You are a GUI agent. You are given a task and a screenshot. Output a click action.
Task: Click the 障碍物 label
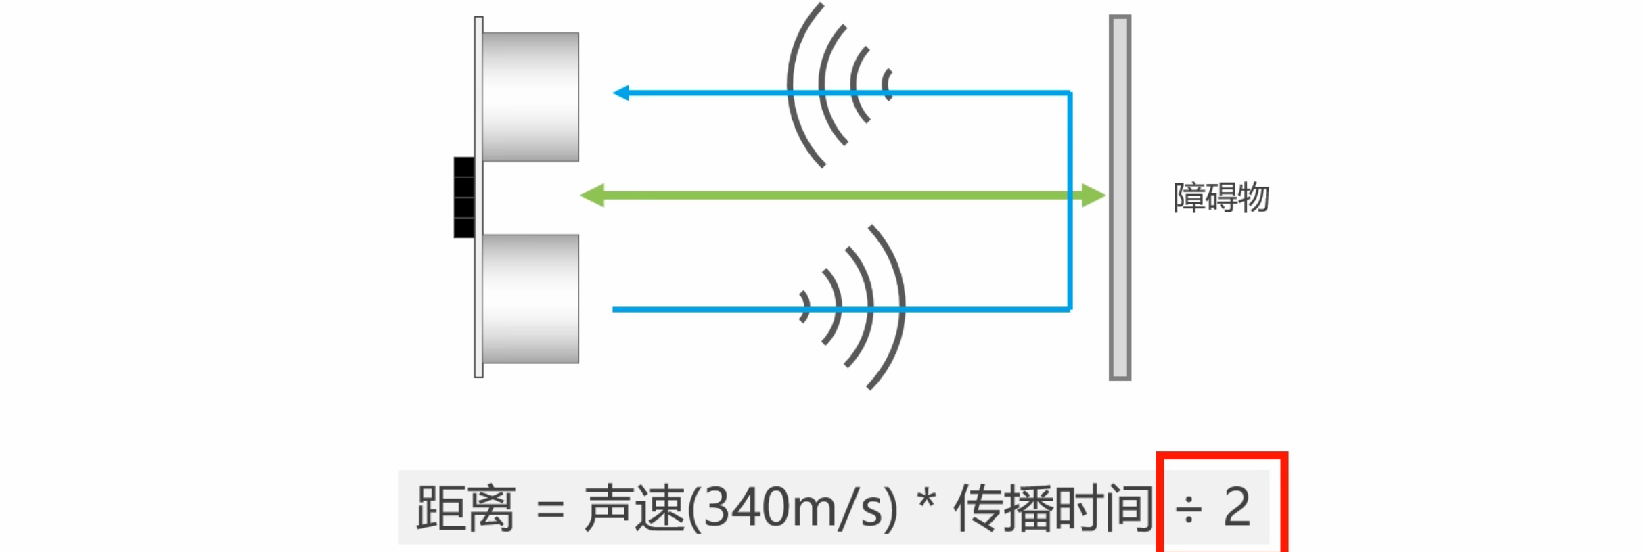pyautogui.click(x=1221, y=198)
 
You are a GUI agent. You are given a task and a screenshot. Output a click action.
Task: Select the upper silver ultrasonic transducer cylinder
pyautogui.click(x=530, y=97)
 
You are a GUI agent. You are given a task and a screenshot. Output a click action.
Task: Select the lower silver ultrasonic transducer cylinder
pyautogui.click(x=530, y=298)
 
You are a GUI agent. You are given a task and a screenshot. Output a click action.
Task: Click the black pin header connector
pyautogui.click(x=463, y=198)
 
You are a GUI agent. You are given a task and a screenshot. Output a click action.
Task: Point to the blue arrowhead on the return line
pyautogui.click(x=621, y=93)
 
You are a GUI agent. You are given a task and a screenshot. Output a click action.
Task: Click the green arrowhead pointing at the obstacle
pyautogui.click(x=1093, y=195)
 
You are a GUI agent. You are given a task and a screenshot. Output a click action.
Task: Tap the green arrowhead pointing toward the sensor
pyautogui.click(x=593, y=195)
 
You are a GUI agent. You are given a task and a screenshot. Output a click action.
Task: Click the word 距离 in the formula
pyautogui.click(x=465, y=507)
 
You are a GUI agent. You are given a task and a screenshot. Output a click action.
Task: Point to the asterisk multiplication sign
pyautogui.click(x=926, y=501)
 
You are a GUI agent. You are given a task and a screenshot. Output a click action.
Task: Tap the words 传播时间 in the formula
pyautogui.click(x=1053, y=507)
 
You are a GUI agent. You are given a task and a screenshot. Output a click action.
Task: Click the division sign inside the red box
pyautogui.click(x=1189, y=509)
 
